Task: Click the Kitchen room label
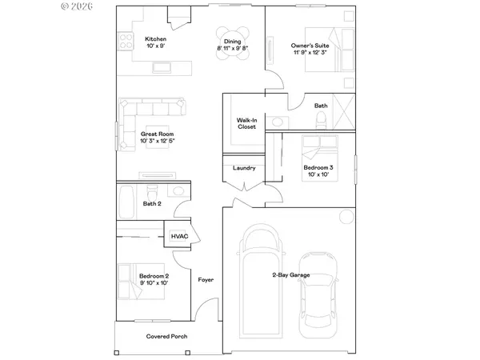pyautogui.click(x=154, y=38)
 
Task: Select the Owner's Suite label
pyautogui.click(x=306, y=46)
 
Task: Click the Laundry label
pyautogui.click(x=244, y=168)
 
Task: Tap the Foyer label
pyautogui.click(x=206, y=280)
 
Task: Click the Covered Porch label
pyautogui.click(x=166, y=336)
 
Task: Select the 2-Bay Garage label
pyautogui.click(x=290, y=275)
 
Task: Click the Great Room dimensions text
pyautogui.click(x=158, y=141)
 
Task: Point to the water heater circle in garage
pyautogui.click(x=344, y=216)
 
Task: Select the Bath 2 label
pyautogui.click(x=153, y=204)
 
